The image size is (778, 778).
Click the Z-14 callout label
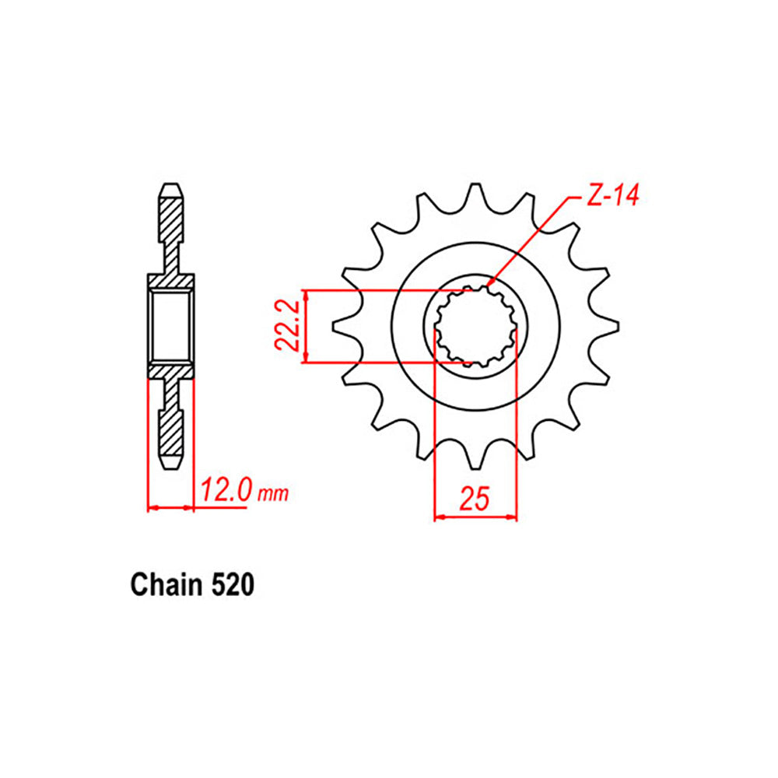click(612, 198)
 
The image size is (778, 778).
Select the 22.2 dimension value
click(289, 326)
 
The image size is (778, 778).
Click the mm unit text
click(273, 494)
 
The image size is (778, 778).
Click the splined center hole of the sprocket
click(475, 327)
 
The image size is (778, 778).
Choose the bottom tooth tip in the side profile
click(171, 464)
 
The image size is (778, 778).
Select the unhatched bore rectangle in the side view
click(171, 326)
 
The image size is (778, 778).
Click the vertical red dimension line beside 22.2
click(310, 326)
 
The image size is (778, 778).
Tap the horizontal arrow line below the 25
click(475, 516)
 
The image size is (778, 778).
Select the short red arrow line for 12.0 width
click(170, 508)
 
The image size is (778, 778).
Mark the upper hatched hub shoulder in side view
click(171, 281)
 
